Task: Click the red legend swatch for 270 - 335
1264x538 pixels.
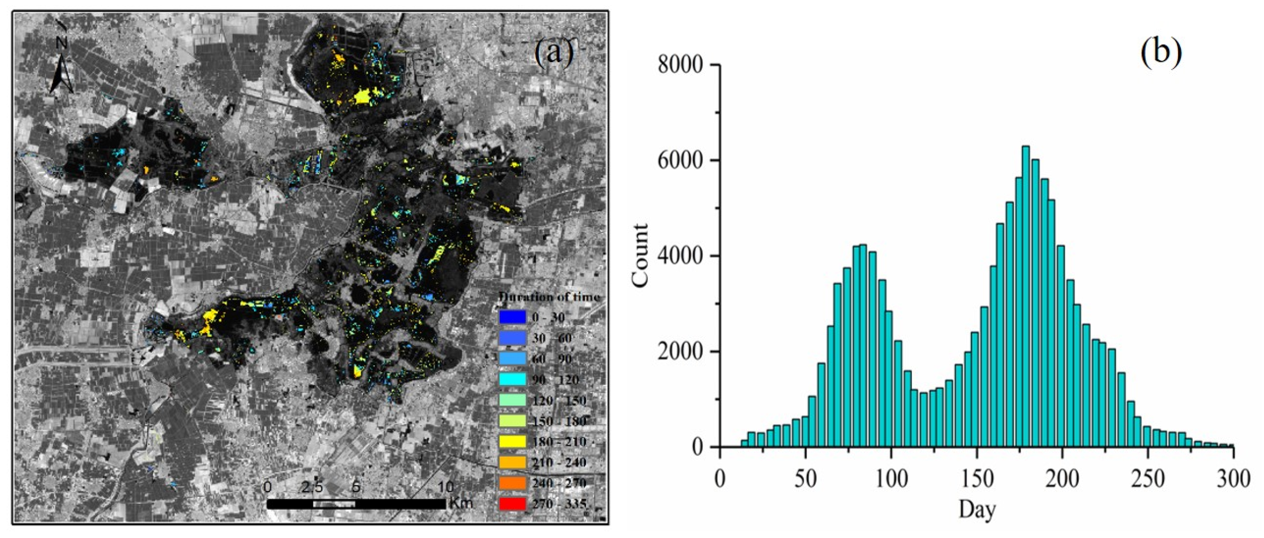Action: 512,504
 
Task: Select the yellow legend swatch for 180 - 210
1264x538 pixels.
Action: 512,441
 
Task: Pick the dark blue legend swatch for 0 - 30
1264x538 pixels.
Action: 512,317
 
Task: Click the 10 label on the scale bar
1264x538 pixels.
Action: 445,487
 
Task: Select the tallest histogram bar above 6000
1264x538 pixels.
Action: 1025,294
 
